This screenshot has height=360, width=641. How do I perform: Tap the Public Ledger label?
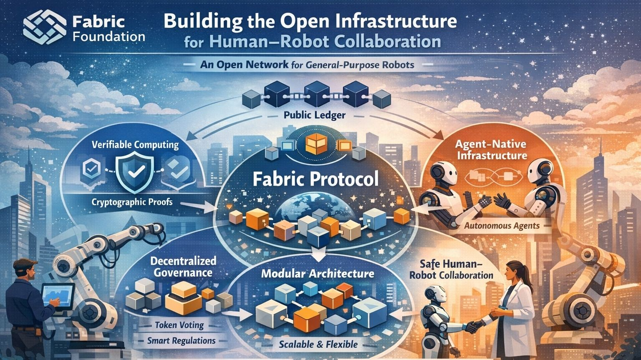pyautogui.click(x=314, y=115)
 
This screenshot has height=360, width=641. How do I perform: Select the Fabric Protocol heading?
pyautogui.click(x=315, y=179)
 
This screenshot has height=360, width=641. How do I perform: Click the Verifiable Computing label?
pyautogui.click(x=135, y=145)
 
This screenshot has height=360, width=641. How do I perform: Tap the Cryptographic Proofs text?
pyautogui.click(x=131, y=202)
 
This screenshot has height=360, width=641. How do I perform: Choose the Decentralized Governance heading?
pyautogui.click(x=183, y=267)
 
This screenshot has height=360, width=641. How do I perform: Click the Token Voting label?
pyautogui.click(x=179, y=325)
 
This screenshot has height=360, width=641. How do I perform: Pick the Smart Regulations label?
pyautogui.click(x=182, y=340)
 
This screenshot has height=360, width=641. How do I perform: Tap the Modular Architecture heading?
pyautogui.click(x=318, y=274)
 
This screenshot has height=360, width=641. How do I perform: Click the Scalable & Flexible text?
pyautogui.click(x=318, y=344)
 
